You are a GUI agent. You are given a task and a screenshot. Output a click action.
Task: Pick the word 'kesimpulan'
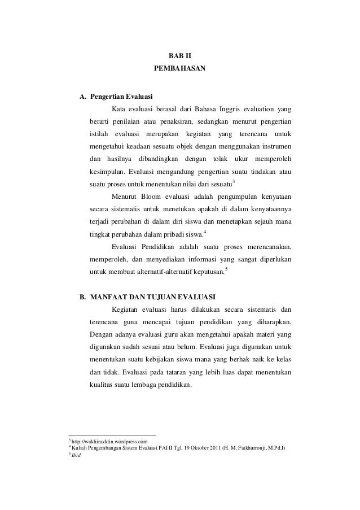point(106,171)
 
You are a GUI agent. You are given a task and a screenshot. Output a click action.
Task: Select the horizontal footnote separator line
point(112,434)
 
